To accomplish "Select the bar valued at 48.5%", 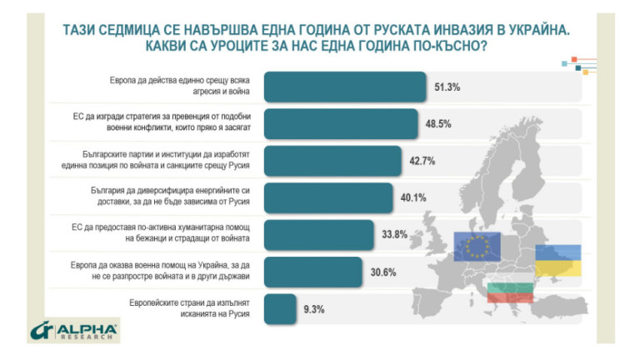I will pyautogui.click(x=341, y=122).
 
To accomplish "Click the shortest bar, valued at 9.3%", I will pyautogui.click(x=280, y=308).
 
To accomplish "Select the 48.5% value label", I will pyautogui.click(x=439, y=123).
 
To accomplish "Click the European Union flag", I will pyautogui.click(x=477, y=246).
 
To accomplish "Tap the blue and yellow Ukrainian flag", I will pyautogui.click(x=557, y=260).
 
